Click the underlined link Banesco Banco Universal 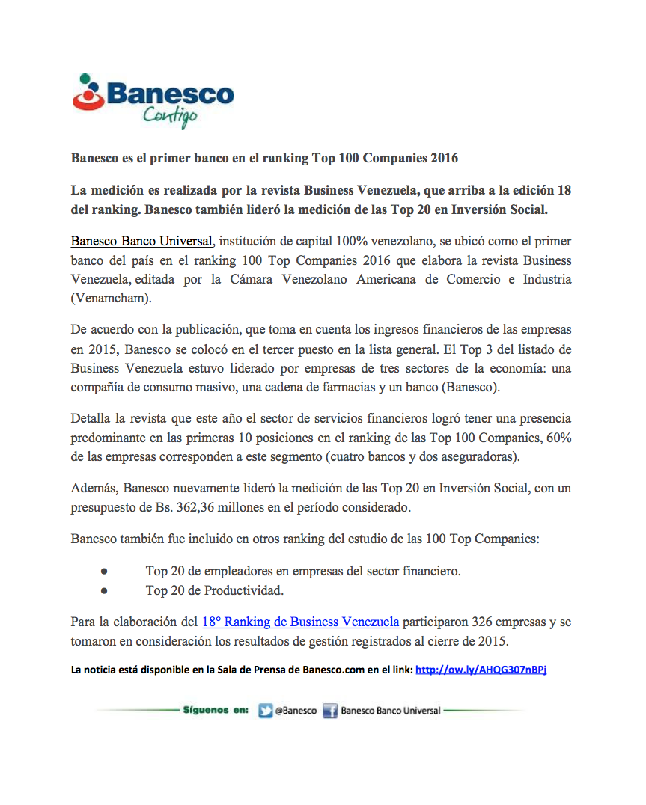[141, 241]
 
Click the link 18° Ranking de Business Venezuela [300, 622]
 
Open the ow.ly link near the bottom [481, 670]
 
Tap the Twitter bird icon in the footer [265, 711]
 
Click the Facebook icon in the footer [330, 711]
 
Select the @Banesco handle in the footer [296, 711]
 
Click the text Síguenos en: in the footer [216, 710]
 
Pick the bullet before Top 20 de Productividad [104, 590]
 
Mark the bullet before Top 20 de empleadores [104, 571]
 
